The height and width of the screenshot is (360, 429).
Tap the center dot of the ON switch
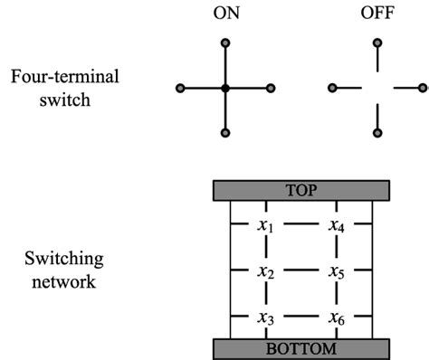tap(224, 88)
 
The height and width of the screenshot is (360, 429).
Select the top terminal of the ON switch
tap(224, 43)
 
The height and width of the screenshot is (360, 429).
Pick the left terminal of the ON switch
tap(179, 88)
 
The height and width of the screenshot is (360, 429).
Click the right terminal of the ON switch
tap(271, 88)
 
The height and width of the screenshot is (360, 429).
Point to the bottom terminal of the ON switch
tap(224, 134)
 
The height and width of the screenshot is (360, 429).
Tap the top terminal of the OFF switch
tap(377, 43)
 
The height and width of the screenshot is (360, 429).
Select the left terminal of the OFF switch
tap(332, 88)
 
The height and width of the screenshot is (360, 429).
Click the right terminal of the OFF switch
tap(423, 88)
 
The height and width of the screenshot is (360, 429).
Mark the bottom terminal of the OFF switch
tap(377, 134)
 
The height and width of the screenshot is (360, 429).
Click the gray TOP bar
tap(301, 190)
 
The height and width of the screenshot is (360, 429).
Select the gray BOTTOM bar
tap(301, 348)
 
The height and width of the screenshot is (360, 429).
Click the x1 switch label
tap(264, 223)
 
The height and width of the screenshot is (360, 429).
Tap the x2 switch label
tap(264, 270)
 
